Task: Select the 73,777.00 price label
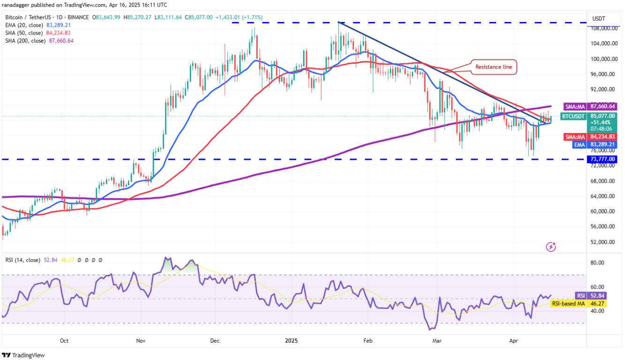(603, 159)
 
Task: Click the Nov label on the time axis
(140, 341)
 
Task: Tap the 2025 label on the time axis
(291, 341)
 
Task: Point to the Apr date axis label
(514, 341)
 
